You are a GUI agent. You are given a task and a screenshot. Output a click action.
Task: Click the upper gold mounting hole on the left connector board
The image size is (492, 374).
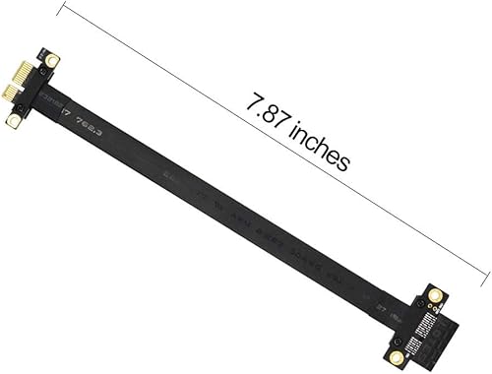point(52,61)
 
